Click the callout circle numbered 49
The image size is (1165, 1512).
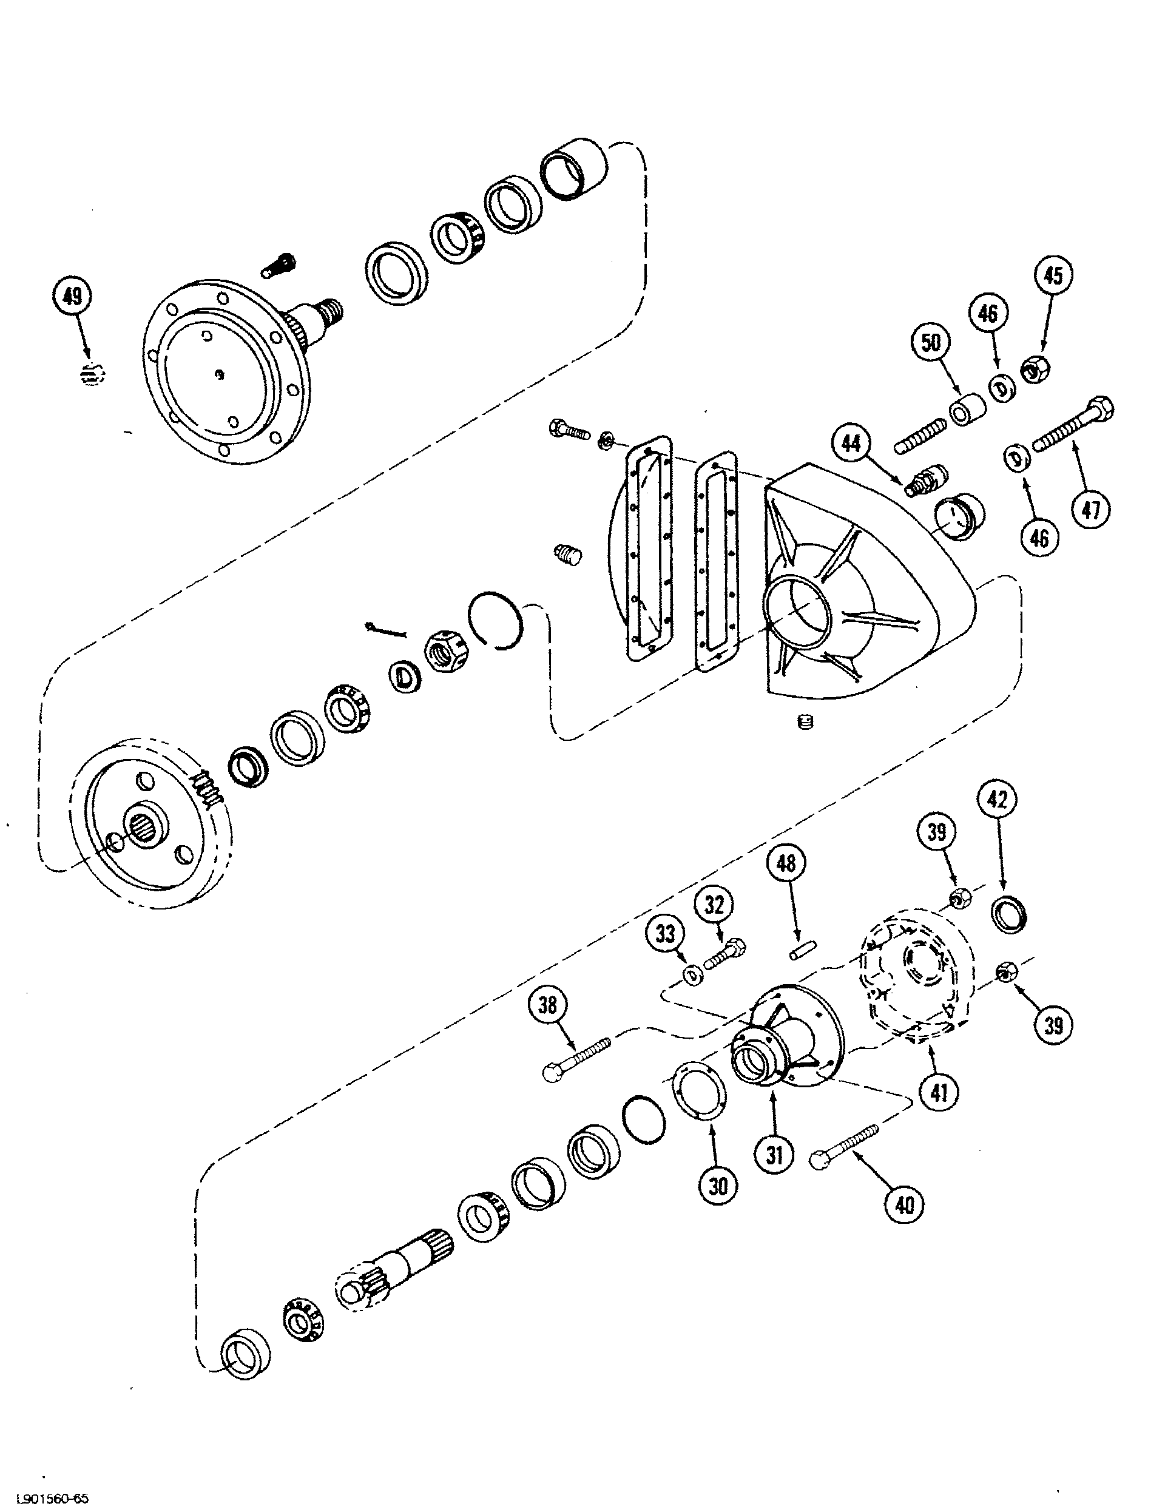(x=72, y=297)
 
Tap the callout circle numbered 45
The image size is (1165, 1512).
(x=1052, y=275)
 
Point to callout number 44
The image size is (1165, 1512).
(x=851, y=442)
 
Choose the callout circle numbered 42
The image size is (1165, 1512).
(x=997, y=800)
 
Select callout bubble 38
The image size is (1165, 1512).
(x=547, y=1005)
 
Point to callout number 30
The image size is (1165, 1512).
(x=718, y=1186)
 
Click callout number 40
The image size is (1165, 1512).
(x=905, y=1206)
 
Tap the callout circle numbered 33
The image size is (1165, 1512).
(x=665, y=934)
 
